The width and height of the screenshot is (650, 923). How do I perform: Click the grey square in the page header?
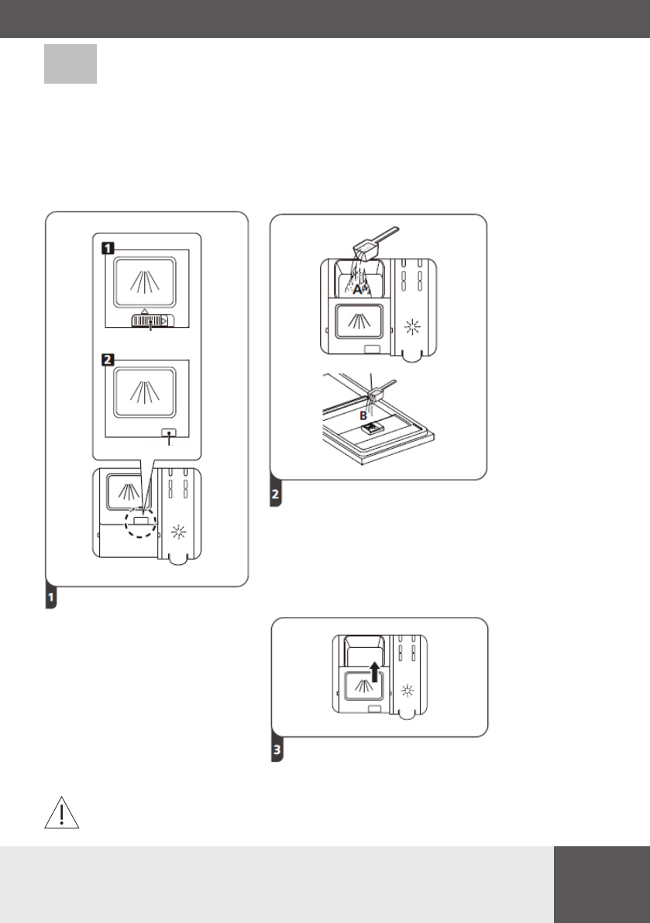tap(71, 64)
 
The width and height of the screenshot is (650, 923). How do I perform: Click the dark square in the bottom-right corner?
tap(602, 883)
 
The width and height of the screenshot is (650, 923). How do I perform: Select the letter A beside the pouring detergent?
tap(358, 290)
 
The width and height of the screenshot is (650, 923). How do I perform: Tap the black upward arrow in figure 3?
tap(374, 670)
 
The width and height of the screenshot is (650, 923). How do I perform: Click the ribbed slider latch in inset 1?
tap(150, 319)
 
